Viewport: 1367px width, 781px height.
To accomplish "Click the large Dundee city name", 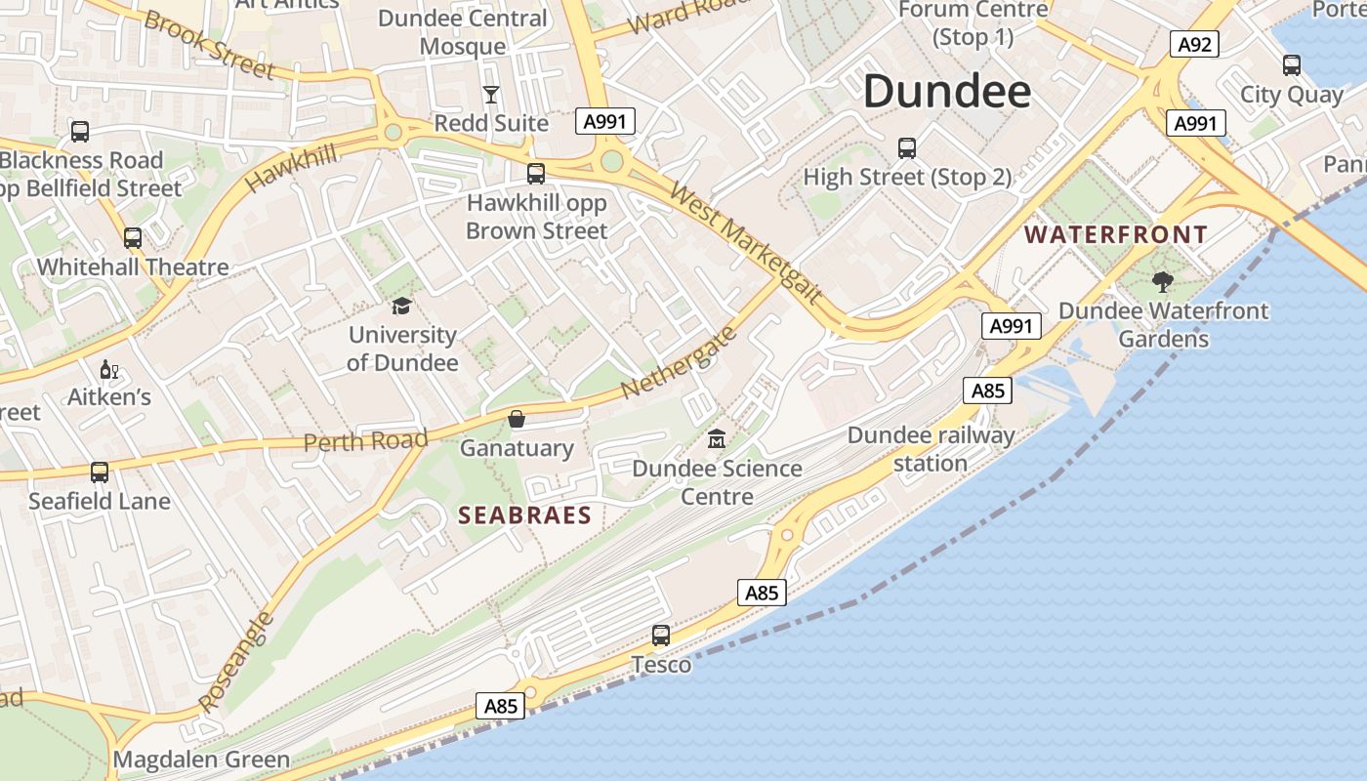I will point(946,92).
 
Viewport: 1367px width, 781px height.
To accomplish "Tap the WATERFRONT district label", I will point(1116,235).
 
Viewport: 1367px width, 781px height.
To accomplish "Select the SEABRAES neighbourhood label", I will point(525,515).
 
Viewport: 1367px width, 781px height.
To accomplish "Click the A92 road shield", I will point(1195,44).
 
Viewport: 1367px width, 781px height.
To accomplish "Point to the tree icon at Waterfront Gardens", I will point(1162,282).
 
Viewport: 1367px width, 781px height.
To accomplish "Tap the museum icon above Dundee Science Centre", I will point(717,438).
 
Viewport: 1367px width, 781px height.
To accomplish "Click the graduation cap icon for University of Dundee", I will point(401,307).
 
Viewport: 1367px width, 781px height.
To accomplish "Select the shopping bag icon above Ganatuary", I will point(517,419).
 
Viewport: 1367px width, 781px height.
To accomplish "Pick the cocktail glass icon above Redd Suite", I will point(491,94).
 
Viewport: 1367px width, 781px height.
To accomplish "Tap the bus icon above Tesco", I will point(661,636).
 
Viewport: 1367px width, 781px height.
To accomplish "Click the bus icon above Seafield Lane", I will point(100,473).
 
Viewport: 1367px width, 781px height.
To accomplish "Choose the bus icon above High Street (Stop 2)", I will point(907,148).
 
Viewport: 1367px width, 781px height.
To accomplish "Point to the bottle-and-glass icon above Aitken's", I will point(108,369).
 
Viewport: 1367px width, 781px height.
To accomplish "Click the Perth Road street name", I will point(365,441).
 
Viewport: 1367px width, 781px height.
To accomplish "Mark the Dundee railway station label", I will point(931,449).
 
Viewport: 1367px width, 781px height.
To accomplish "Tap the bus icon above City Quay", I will point(1292,65).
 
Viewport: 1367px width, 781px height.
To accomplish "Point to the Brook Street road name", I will point(209,45).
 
